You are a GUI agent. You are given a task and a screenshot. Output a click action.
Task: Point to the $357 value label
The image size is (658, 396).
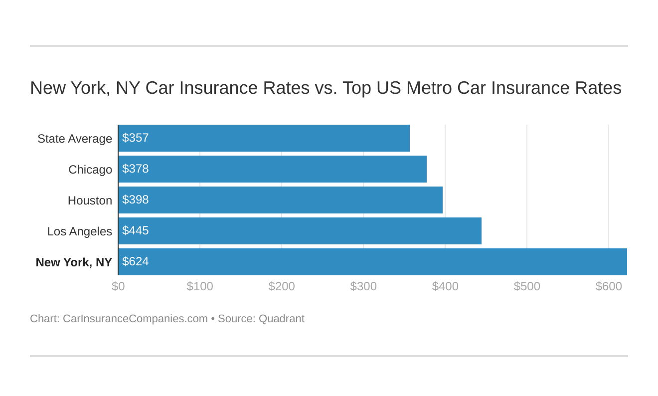click(136, 138)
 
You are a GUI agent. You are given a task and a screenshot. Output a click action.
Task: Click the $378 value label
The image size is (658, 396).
click(136, 169)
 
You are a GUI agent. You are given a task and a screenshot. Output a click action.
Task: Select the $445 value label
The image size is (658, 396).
click(136, 231)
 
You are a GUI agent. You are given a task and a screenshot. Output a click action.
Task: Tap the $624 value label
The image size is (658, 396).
click(136, 262)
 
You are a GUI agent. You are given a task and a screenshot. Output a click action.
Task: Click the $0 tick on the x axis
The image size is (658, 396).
click(118, 287)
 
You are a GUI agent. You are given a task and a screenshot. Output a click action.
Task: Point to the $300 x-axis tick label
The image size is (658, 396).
click(363, 287)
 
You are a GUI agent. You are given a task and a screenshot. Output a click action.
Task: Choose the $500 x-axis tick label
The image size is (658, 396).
click(527, 287)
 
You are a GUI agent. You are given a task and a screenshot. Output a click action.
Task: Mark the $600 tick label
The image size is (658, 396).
click(609, 287)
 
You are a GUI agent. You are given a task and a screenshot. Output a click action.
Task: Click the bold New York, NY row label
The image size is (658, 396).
click(74, 262)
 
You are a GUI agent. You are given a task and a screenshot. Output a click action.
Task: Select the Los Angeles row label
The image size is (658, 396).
click(80, 231)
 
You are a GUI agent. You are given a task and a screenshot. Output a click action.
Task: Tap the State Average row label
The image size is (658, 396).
click(75, 139)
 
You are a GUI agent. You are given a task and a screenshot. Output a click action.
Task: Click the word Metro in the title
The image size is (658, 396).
click(429, 88)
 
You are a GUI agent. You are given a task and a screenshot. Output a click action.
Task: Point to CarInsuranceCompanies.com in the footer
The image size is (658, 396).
click(135, 319)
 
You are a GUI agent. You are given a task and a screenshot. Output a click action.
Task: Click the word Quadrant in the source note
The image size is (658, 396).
click(281, 319)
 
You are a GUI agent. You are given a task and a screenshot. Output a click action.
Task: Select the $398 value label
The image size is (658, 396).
click(136, 200)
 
